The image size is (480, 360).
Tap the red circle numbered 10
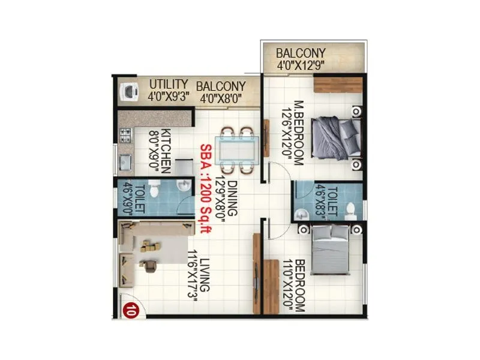128,310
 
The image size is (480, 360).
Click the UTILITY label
169,84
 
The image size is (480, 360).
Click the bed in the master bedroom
335,137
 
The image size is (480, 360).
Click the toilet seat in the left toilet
154,191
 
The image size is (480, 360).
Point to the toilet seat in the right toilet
351,209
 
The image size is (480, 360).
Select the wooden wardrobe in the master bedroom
337,85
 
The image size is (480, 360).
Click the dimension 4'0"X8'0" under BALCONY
222,96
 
